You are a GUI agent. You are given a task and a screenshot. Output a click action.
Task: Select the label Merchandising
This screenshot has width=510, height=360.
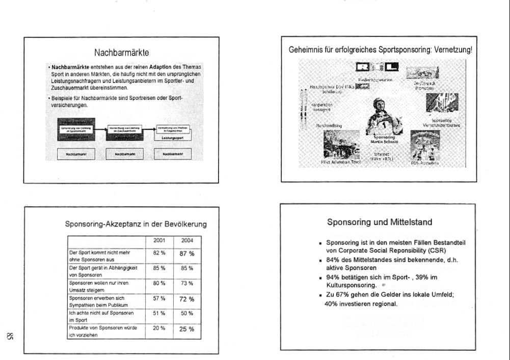pyautogui.click(x=329, y=125)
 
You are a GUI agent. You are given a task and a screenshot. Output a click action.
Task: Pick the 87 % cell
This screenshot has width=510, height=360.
pyautogui.click(x=186, y=253)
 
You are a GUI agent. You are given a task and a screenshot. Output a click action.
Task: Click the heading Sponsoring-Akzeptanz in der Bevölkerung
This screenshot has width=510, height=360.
pyautogui.click(x=136, y=224)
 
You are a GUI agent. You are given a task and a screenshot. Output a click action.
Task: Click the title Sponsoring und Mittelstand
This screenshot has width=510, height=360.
pyautogui.click(x=380, y=222)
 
